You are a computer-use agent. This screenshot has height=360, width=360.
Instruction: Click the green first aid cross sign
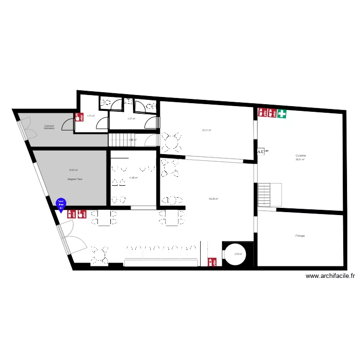coord(282,114)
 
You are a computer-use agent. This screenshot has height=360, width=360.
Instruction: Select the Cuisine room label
coord(301,156)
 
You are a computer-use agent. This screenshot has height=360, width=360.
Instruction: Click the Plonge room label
coord(300,236)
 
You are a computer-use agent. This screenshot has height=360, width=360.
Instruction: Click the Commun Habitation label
coord(49,127)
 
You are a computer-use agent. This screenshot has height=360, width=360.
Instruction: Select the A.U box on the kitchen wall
coord(262,152)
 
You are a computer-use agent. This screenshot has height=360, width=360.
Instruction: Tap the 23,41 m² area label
coord(206,130)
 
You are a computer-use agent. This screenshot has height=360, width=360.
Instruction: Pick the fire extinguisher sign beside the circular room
coord(212,262)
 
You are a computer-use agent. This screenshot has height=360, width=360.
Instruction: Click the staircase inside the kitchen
coord(265,194)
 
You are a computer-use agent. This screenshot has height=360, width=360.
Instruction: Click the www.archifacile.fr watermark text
coord(330,276)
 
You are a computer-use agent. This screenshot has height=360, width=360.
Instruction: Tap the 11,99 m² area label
coord(133,178)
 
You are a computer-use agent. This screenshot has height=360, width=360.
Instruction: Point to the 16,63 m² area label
coord(73,169)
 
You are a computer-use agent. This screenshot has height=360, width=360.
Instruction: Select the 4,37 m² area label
coord(131,119)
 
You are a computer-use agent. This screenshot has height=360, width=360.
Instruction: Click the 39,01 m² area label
coord(300,160)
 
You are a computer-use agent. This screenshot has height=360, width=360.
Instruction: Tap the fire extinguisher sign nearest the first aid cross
coord(272,114)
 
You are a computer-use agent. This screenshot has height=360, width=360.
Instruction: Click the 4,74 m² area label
coord(91,116)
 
